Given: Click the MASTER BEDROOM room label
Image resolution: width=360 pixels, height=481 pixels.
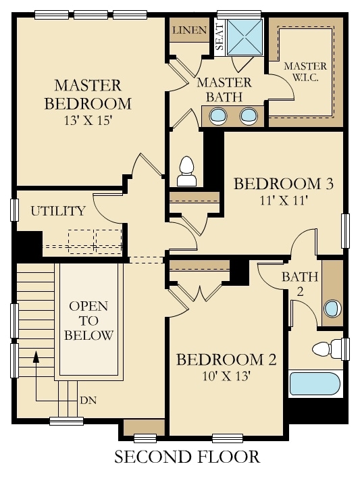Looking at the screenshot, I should (x=88, y=95).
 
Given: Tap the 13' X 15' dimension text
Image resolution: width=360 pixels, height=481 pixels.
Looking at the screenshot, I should (x=88, y=122).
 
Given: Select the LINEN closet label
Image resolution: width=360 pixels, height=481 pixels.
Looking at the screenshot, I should (x=188, y=31).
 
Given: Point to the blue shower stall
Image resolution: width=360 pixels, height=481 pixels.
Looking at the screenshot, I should (x=245, y=36).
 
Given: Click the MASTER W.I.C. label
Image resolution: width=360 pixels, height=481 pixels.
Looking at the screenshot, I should (x=305, y=72).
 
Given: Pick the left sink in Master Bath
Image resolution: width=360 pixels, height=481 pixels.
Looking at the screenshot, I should (x=218, y=116).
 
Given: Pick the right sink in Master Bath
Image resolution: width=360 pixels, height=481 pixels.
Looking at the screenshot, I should (x=250, y=116).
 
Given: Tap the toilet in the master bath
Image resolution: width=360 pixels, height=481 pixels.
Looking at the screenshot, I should (x=185, y=171).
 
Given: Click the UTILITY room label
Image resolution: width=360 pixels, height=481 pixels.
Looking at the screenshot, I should (x=58, y=211).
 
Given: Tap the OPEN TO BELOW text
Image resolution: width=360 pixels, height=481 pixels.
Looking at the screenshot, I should (x=89, y=321).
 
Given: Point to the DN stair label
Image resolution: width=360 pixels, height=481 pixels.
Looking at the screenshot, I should (x=88, y=400).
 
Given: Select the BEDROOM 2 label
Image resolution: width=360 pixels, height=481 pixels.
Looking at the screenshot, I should (x=226, y=359).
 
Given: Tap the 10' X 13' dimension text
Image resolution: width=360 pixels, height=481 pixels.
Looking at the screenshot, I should (x=226, y=376).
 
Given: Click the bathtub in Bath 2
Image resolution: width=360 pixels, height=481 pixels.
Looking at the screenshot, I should (x=315, y=384).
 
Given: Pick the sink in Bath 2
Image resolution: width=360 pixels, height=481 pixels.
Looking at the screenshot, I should (x=332, y=308).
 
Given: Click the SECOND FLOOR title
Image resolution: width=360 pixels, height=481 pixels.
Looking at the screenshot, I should (x=187, y=457).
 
